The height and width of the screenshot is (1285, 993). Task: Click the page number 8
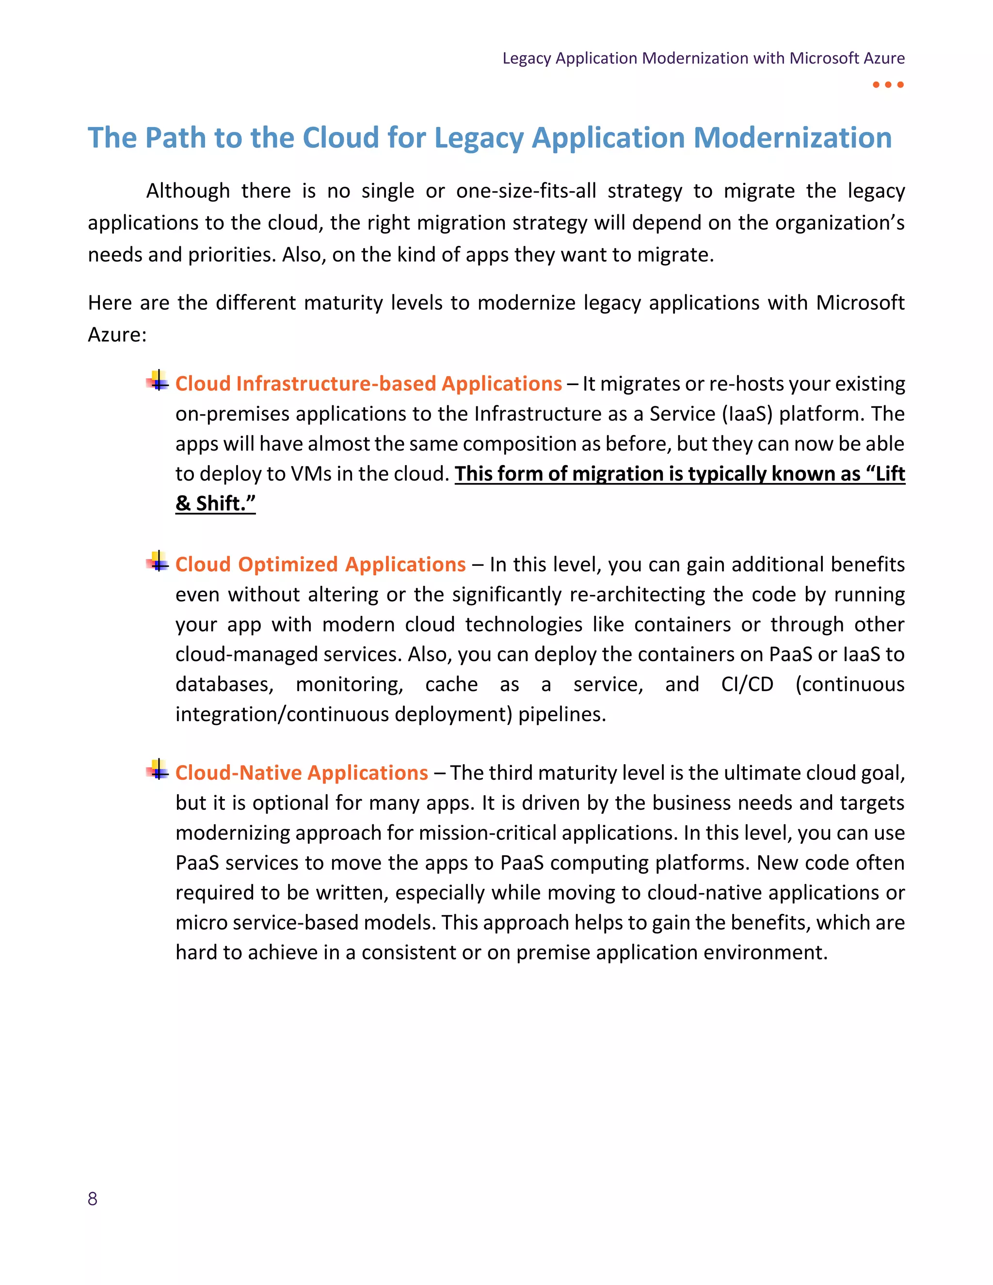[92, 1199]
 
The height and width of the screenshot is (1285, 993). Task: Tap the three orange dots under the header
[888, 85]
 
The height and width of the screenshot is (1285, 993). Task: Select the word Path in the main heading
[176, 138]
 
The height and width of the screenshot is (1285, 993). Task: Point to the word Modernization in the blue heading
[792, 138]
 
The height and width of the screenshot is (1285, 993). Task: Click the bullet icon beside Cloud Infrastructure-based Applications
[157, 381]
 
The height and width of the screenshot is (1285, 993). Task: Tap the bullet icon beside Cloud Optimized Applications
[157, 562]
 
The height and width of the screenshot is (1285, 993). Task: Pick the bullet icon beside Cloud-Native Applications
[157, 770]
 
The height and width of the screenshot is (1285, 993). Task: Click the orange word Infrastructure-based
[336, 384]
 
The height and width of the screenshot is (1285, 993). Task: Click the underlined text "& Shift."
[215, 504]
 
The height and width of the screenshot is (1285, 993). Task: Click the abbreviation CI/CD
[747, 684]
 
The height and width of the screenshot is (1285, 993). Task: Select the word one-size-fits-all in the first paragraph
[526, 191]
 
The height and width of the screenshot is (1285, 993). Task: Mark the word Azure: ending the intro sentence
[117, 335]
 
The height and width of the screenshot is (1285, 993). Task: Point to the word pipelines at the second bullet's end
[562, 714]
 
